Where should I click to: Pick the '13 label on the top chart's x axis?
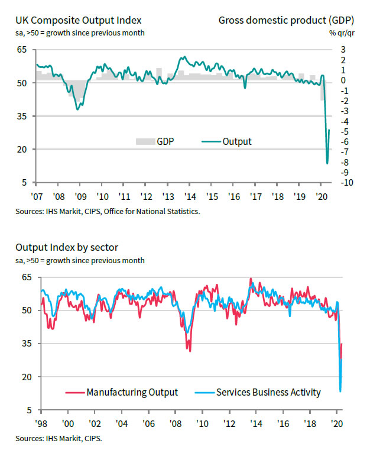168,195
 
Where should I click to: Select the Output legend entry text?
237,141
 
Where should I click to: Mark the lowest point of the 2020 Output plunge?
327,164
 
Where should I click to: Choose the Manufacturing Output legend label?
132,391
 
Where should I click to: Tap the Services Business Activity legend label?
268,391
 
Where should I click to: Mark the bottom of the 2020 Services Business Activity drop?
340,390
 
